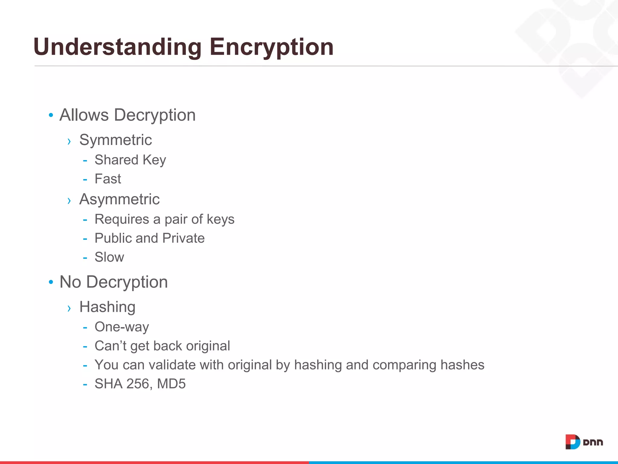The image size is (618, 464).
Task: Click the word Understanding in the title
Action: [117, 47]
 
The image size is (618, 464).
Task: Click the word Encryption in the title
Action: [271, 47]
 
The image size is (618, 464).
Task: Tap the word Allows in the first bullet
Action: [84, 115]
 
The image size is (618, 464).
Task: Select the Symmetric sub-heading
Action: [116, 140]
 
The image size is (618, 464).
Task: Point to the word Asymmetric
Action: [119, 199]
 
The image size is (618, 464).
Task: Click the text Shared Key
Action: [130, 160]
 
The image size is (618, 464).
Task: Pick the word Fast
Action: [108, 179]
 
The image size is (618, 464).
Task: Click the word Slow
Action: [109, 257]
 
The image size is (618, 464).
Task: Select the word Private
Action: [183, 238]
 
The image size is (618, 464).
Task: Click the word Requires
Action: [122, 219]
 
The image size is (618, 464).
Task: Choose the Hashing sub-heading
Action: [107, 307]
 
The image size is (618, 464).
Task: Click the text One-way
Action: [122, 327]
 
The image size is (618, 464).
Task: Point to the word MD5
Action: [171, 384]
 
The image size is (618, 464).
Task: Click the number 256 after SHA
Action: [138, 384]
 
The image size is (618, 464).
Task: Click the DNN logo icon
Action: [572, 442]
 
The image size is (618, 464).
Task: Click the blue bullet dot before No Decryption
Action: [51, 282]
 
